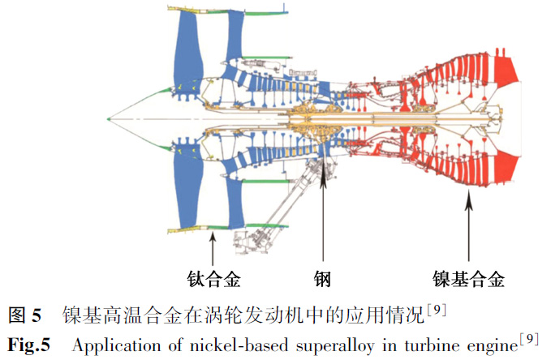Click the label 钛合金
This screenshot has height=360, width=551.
(212, 281)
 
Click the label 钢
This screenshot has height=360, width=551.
(322, 281)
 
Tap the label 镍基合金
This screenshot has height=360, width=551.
(468, 281)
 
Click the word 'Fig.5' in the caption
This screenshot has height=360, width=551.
(28, 344)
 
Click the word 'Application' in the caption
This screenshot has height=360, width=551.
(110, 344)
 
